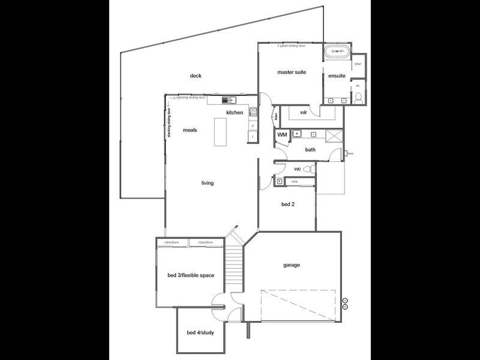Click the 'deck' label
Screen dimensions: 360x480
196,76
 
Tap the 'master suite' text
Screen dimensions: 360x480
292,72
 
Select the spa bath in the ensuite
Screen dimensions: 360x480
338,52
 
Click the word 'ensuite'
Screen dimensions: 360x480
337,76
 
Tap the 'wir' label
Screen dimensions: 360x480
304,112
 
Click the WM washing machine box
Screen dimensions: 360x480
281,135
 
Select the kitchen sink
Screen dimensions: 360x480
227,100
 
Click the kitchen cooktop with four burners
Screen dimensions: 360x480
253,111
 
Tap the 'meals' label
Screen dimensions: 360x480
190,130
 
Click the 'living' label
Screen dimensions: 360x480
207,183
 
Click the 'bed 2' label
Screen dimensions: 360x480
288,204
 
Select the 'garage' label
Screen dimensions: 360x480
292,265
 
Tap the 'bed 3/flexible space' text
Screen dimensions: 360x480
190,275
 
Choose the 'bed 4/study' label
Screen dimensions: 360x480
200,332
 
